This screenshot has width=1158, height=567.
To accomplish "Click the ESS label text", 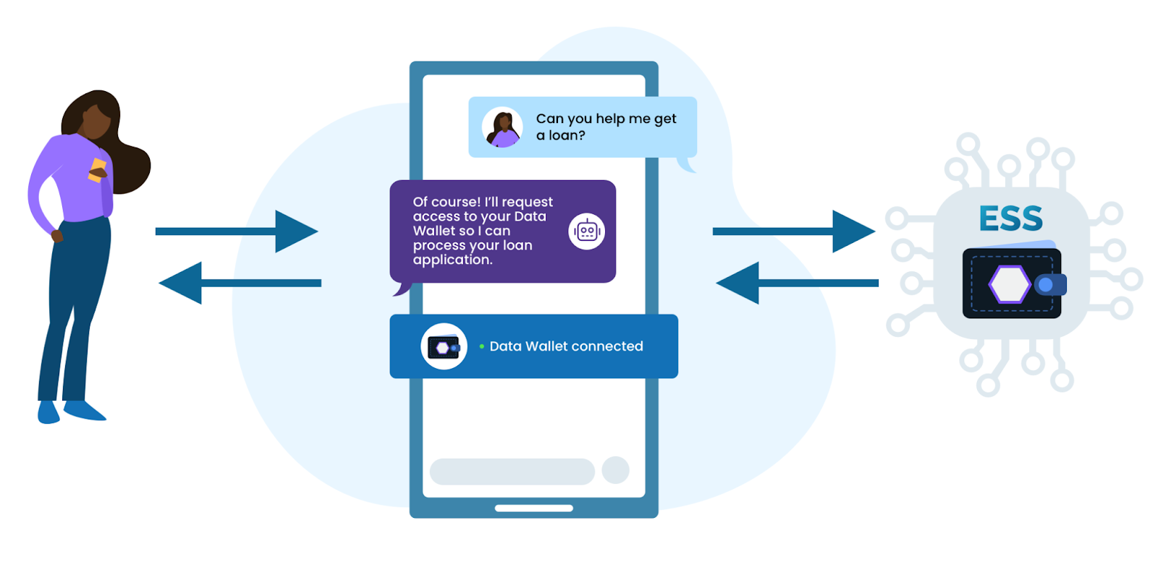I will [x=1010, y=218].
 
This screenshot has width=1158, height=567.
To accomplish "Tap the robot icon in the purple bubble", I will [x=586, y=231].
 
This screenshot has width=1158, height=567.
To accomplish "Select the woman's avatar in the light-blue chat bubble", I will [x=502, y=127].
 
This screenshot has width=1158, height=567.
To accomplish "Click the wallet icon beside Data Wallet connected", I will [x=444, y=347].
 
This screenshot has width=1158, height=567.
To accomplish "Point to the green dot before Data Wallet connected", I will [x=482, y=346].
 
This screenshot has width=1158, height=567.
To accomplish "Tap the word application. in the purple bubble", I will [x=452, y=260].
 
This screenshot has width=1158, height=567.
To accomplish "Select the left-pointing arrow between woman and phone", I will [x=240, y=283].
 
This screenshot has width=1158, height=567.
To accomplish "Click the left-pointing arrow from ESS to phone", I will [x=797, y=283].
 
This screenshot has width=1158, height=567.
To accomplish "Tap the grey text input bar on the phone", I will [x=512, y=472].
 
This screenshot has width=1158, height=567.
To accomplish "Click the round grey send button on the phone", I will [x=615, y=470].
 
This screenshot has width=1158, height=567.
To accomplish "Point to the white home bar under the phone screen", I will [x=533, y=508].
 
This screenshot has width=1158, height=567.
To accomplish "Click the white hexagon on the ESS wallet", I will [x=1010, y=284].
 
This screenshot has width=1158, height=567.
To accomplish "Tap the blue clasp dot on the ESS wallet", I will [x=1045, y=285].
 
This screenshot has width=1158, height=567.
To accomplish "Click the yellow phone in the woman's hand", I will [x=97, y=170].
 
